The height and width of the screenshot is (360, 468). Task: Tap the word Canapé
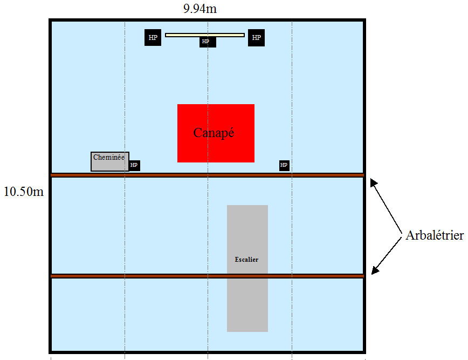[214, 132]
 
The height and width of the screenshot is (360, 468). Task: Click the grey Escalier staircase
[247, 302]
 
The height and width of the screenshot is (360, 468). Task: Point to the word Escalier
[247, 260]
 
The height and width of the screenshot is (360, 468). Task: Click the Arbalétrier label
[435, 236]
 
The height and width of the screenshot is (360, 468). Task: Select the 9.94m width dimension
[200, 9]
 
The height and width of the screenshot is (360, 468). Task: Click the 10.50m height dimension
[23, 192]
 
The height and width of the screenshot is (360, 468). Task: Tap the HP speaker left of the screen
[153, 38]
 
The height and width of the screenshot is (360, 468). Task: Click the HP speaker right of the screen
[256, 38]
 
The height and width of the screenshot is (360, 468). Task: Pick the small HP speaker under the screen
[207, 42]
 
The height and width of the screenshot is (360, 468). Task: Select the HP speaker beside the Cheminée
[134, 165]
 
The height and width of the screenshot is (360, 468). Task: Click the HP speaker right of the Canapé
[284, 165]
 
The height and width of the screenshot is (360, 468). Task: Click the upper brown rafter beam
[162, 175]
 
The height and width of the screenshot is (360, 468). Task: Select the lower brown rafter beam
[162, 276]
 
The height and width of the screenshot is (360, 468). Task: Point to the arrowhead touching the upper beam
[372, 182]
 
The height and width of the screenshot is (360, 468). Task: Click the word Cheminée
[109, 158]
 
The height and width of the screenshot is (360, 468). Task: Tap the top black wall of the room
[208, 20]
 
